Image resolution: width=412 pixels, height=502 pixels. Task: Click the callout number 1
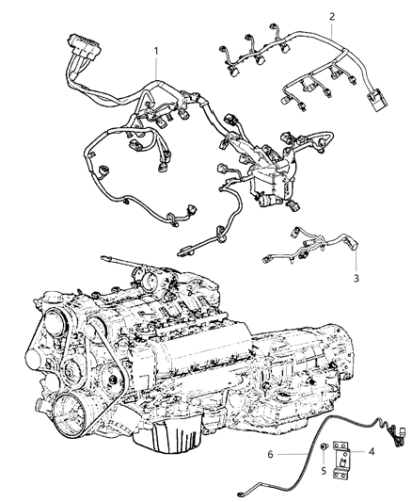click(157, 49)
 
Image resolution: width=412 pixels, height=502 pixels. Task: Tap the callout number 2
click(332, 16)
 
